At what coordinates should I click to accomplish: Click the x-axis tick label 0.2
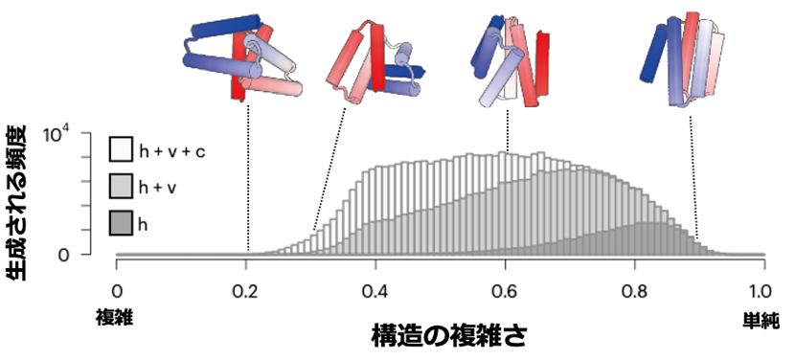(246, 290)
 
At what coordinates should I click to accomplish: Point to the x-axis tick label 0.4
(375, 290)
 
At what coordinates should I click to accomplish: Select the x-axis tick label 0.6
(505, 290)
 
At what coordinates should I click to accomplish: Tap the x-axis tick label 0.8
(634, 290)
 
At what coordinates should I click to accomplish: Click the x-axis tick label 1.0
(762, 290)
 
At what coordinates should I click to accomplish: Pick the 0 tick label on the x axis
(117, 290)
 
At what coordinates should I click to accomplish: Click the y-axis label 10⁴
(78, 136)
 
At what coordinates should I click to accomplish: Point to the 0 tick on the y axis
(89, 255)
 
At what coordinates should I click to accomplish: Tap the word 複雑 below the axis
(112, 315)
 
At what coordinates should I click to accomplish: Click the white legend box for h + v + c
(121, 149)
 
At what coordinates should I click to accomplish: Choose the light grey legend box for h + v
(121, 188)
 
